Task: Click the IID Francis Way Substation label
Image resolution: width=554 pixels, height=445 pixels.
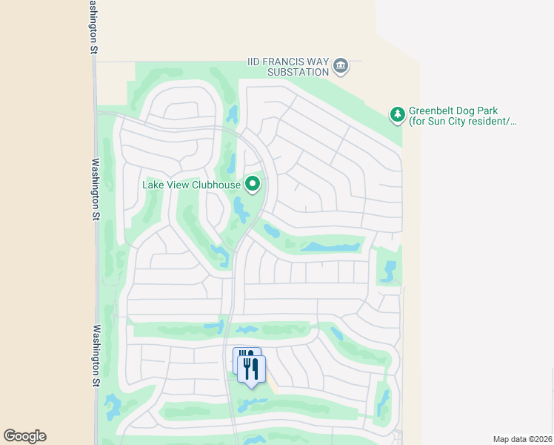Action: [288, 67]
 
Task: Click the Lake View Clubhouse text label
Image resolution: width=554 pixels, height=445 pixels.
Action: [191, 185]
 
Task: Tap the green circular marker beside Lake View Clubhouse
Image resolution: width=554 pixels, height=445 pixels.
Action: [253, 184]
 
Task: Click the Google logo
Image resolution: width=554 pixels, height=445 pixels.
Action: [24, 436]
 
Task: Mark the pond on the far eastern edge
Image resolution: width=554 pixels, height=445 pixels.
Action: [388, 271]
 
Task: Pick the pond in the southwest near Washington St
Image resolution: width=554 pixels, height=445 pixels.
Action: [113, 406]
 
